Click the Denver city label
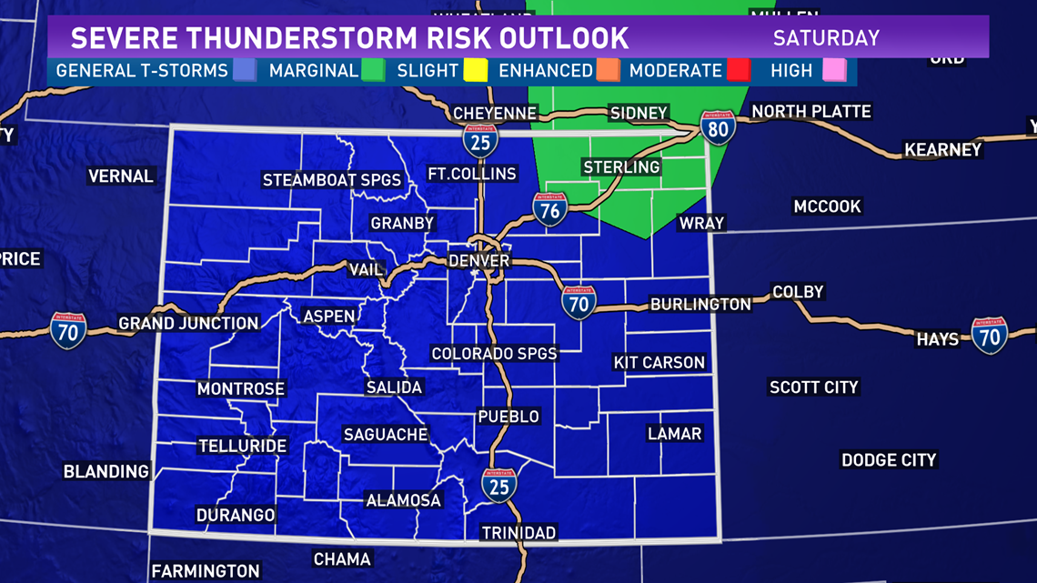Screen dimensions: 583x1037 479,260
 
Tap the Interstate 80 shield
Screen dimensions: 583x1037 718,129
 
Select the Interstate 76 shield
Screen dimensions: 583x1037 550,209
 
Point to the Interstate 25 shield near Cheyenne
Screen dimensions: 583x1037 480,140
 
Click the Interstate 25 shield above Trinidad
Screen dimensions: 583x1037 498,486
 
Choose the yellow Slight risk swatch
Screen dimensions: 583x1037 476,71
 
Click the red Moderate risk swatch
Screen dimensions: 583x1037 738,71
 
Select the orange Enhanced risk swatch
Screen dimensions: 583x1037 608,71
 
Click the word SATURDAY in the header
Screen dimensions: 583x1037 826,38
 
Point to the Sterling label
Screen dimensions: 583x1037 621,167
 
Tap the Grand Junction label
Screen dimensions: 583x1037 189,323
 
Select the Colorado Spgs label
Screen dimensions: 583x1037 494,354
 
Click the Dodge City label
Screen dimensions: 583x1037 889,460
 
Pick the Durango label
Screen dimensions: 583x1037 236,515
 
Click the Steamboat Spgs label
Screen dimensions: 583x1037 332,180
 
